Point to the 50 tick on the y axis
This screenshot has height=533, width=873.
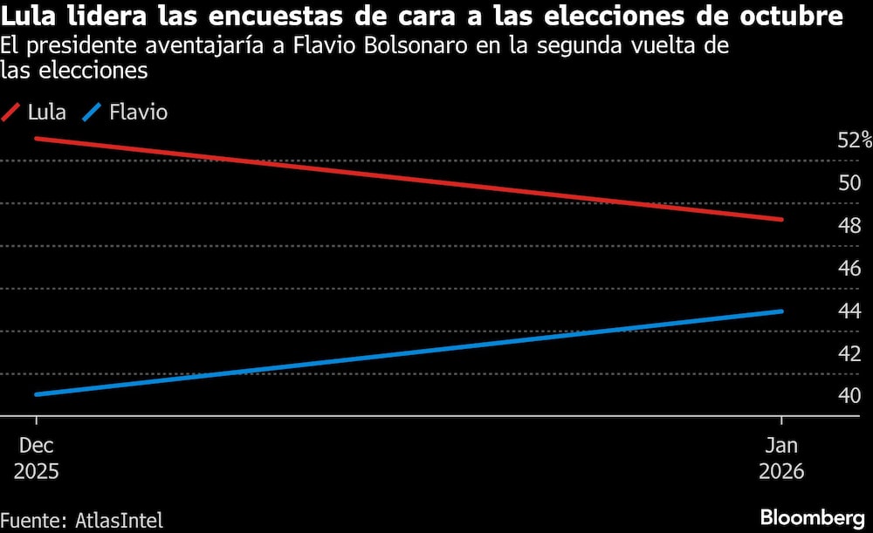pyautogui.click(x=849, y=183)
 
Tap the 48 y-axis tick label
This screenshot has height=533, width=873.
pyautogui.click(x=849, y=226)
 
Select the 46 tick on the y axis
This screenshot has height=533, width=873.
pyautogui.click(x=849, y=269)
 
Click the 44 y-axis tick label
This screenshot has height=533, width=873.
pyautogui.click(x=849, y=311)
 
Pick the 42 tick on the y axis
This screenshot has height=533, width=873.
pyautogui.click(x=849, y=353)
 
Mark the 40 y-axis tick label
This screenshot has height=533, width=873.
pyautogui.click(x=849, y=396)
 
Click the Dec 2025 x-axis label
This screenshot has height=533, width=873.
pyautogui.click(x=37, y=457)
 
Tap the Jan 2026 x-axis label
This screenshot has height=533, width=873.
pyautogui.click(x=781, y=457)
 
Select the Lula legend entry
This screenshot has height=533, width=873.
pyautogui.click(x=35, y=113)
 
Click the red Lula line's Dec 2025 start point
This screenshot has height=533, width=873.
pyautogui.click(x=36, y=138)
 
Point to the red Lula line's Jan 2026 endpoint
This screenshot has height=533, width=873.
pyautogui.click(x=781, y=219)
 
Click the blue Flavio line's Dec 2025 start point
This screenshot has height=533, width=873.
pyautogui.click(x=36, y=394)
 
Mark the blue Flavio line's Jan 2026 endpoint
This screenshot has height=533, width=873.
pyautogui.click(x=781, y=311)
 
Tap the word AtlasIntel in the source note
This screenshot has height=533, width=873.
pyautogui.click(x=114, y=521)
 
